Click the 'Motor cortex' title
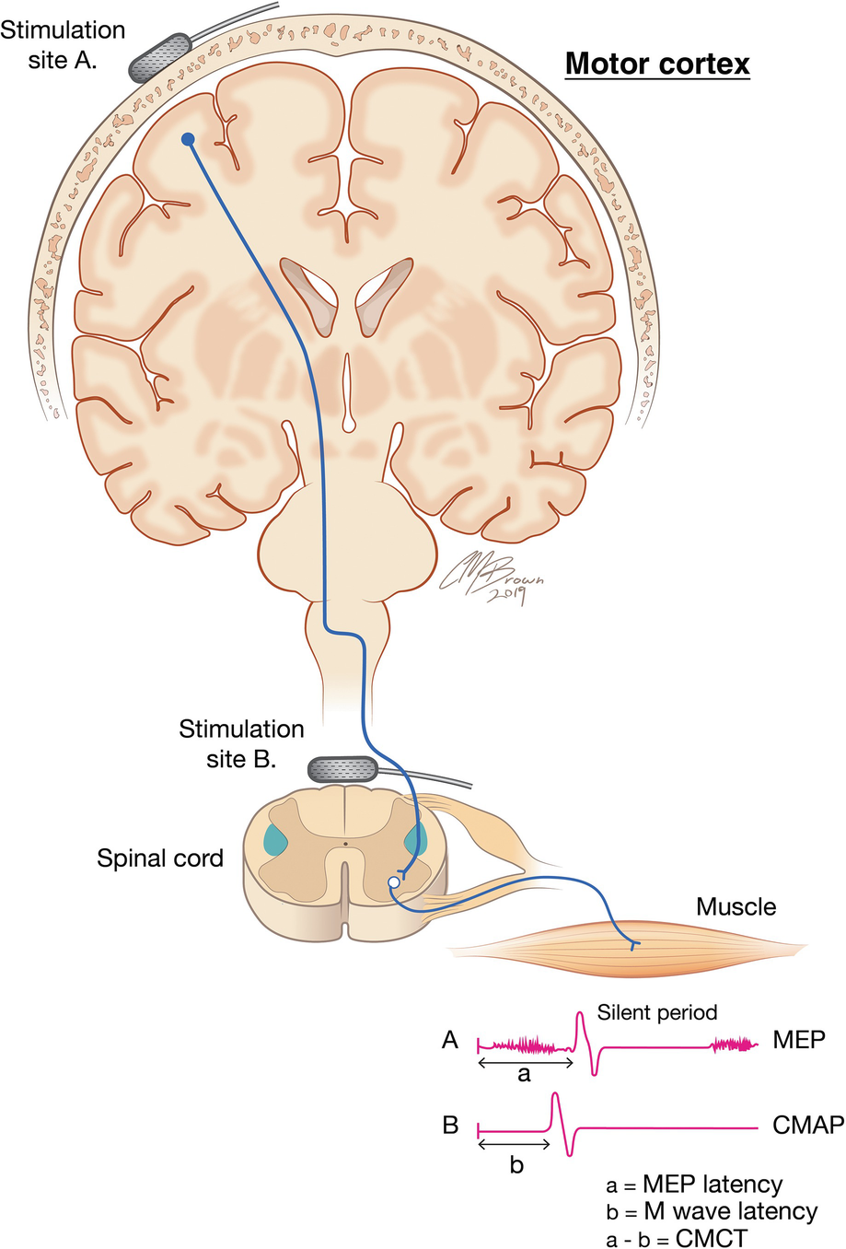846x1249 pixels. pyautogui.click(x=656, y=64)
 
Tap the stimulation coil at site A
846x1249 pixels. pyautogui.click(x=159, y=57)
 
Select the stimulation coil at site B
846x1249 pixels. pyautogui.click(x=342, y=768)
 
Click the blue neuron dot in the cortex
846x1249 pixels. pyautogui.click(x=188, y=139)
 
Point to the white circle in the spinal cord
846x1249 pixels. pyautogui.click(x=394, y=882)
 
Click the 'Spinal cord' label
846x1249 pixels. pyautogui.click(x=160, y=858)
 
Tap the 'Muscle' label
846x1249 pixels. pyautogui.click(x=736, y=906)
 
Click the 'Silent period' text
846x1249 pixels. pyautogui.click(x=656, y=1012)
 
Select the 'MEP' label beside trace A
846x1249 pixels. pyautogui.click(x=798, y=1040)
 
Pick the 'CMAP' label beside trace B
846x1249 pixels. pyautogui.click(x=808, y=1125)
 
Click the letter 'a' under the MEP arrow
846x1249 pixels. pyautogui.click(x=525, y=1074)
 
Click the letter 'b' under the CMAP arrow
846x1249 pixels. pyautogui.click(x=516, y=1164)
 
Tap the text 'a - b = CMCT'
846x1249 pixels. pyautogui.click(x=677, y=1237)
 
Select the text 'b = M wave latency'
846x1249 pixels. pyautogui.click(x=711, y=1211)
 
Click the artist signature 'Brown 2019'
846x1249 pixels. pyautogui.click(x=494, y=579)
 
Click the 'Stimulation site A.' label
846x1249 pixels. pyautogui.click(x=63, y=45)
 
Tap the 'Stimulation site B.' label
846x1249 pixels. pyautogui.click(x=241, y=743)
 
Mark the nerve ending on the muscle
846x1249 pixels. pyautogui.click(x=632, y=945)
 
